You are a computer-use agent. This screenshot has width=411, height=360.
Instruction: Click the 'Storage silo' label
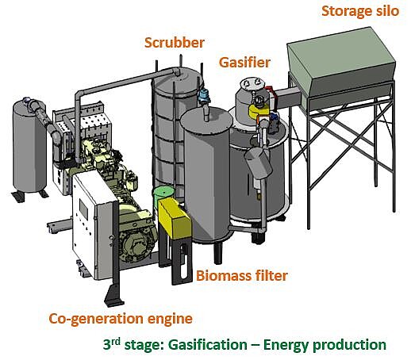click(360, 11)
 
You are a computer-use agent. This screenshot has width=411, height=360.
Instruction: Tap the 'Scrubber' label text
click(175, 43)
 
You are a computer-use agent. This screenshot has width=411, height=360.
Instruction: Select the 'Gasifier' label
click(244, 63)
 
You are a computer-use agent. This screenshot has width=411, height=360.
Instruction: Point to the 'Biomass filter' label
click(242, 276)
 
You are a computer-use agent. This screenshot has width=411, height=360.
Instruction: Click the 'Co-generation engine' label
click(121, 319)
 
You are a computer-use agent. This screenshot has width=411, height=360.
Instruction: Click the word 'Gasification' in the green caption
click(208, 345)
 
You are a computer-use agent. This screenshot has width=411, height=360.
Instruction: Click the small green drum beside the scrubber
click(163, 195)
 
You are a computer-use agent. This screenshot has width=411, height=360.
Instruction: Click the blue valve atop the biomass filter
click(204, 95)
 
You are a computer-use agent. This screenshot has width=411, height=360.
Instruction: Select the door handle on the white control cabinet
click(112, 238)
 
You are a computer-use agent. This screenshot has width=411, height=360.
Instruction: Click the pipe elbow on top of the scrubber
click(176, 71)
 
